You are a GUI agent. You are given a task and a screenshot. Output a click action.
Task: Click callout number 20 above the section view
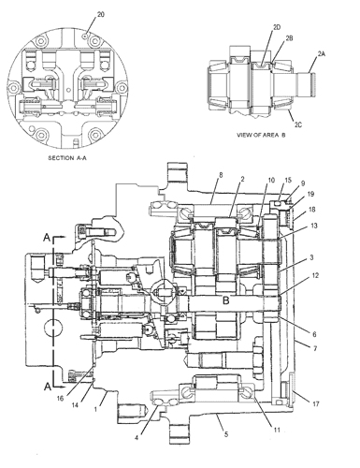pyautogui.click(x=100, y=15)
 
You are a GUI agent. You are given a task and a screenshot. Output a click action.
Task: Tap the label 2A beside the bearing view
pyautogui.click(x=323, y=55)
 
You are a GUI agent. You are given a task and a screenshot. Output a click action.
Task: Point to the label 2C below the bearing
pyautogui.click(x=297, y=122)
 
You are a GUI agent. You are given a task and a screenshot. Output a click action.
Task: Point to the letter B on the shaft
pyautogui.click(x=226, y=301)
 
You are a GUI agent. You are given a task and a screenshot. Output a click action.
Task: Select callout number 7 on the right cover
pyautogui.click(x=315, y=348)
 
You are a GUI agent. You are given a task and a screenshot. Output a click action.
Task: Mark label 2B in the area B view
pyautogui.click(x=289, y=39)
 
